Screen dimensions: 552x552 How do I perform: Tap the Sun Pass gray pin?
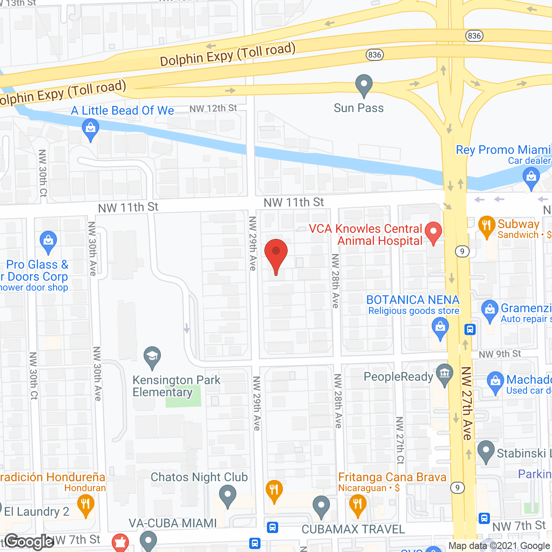[364, 85]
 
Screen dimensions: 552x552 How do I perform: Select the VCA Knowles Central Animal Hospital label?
[366, 235]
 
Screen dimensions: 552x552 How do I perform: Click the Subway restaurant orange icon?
[486, 226]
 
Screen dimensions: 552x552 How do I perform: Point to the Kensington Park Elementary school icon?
[152, 358]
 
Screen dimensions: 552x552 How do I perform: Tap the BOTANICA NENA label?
[413, 300]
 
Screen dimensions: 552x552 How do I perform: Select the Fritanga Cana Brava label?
[392, 477]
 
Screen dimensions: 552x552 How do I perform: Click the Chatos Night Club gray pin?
[227, 496]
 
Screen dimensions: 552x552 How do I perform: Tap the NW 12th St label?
[213, 108]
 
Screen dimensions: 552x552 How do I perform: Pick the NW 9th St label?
[500, 354]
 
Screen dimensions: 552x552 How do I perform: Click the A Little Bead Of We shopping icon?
[90, 130]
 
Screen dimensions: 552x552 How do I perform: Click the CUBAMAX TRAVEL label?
[353, 529]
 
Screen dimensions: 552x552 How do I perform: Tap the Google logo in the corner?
[29, 542]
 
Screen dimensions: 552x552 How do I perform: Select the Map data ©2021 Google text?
[499, 546]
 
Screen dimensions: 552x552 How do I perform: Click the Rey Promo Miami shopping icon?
[531, 178]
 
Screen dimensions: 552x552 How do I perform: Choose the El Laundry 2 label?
[37, 511]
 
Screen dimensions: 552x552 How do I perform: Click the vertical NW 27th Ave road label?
[467, 403]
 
